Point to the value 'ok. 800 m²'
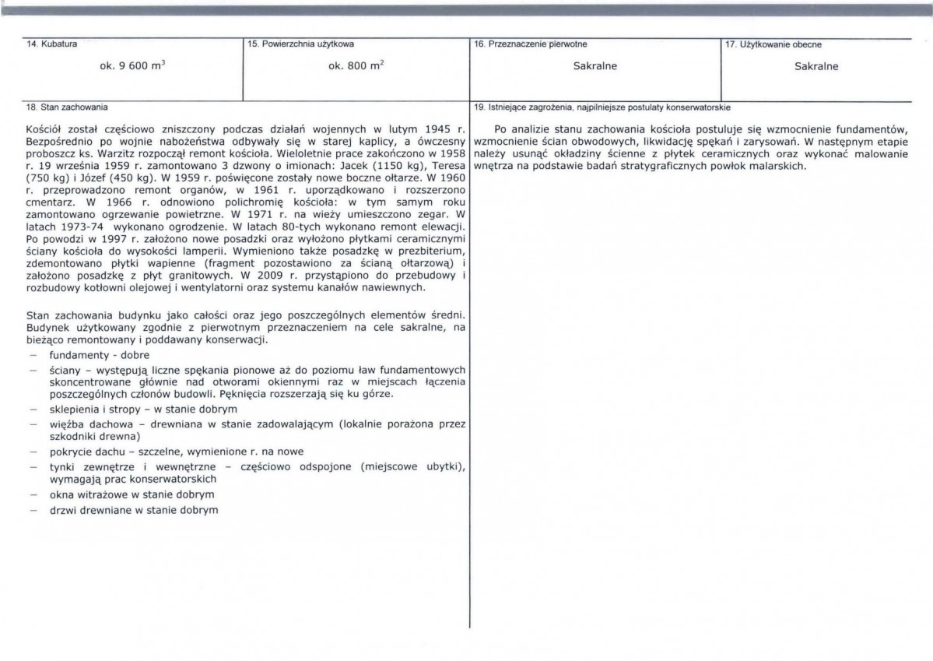356,67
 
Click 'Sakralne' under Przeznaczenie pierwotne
595,67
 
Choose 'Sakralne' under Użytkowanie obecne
816,67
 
